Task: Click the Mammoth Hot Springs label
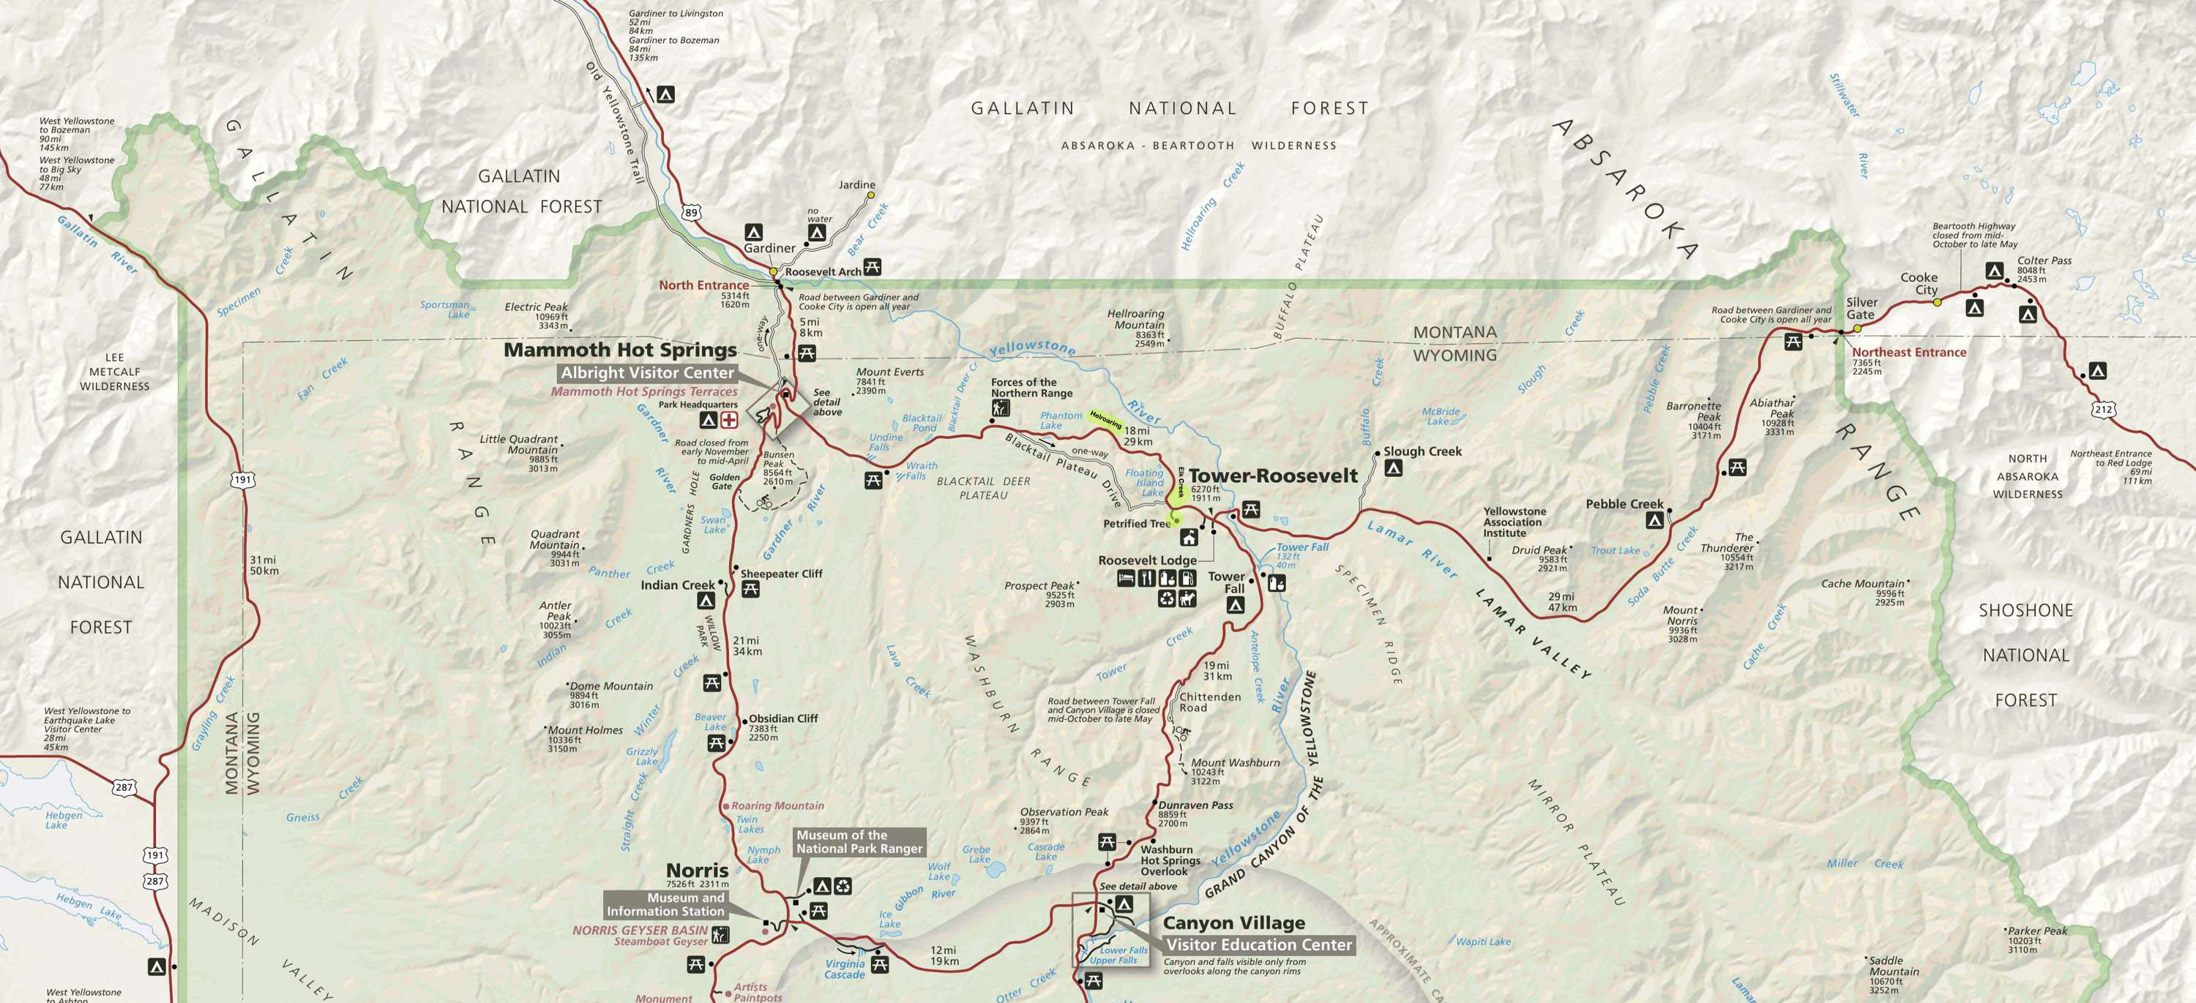pyautogui.click(x=620, y=350)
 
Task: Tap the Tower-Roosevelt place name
pyautogui.click(x=1273, y=476)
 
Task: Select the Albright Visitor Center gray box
pyautogui.click(x=647, y=373)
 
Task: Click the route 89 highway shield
pyautogui.click(x=690, y=212)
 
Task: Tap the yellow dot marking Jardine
pyautogui.click(x=870, y=195)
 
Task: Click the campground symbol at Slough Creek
pyautogui.click(x=1393, y=467)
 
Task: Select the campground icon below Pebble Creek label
pyautogui.click(x=1654, y=520)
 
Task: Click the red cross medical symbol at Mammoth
pyautogui.click(x=729, y=420)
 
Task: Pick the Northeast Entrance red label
pyautogui.click(x=1909, y=352)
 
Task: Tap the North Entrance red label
pyautogui.click(x=703, y=285)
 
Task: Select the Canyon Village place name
pyautogui.click(x=1233, y=923)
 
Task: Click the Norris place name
pyautogui.click(x=696, y=870)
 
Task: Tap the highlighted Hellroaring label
pyautogui.click(x=1105, y=418)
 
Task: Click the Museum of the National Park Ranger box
pyautogui.click(x=859, y=842)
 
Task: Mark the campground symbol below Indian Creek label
pyautogui.click(x=705, y=601)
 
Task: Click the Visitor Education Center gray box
pyautogui.click(x=1258, y=944)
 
